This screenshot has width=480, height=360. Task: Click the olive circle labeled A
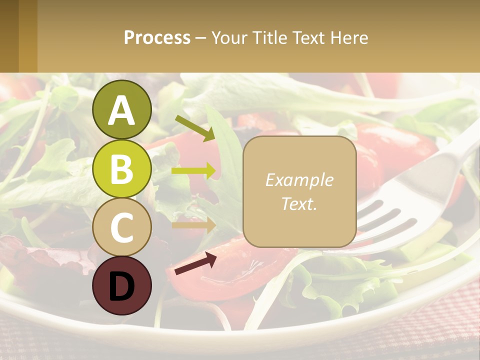click(x=121, y=109)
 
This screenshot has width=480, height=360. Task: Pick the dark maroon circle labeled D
click(x=121, y=285)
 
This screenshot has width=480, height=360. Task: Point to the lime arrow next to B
click(x=193, y=171)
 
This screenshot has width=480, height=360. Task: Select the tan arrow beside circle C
click(x=193, y=225)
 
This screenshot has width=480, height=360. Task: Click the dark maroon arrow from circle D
click(x=195, y=263)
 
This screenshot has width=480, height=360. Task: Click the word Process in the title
click(x=157, y=37)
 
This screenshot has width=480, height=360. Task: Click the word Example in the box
click(x=299, y=180)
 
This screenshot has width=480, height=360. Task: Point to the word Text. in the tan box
click(x=299, y=203)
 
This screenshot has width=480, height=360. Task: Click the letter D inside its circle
click(x=121, y=286)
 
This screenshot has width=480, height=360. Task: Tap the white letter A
click(x=121, y=110)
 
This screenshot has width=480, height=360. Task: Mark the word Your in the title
click(x=228, y=37)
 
